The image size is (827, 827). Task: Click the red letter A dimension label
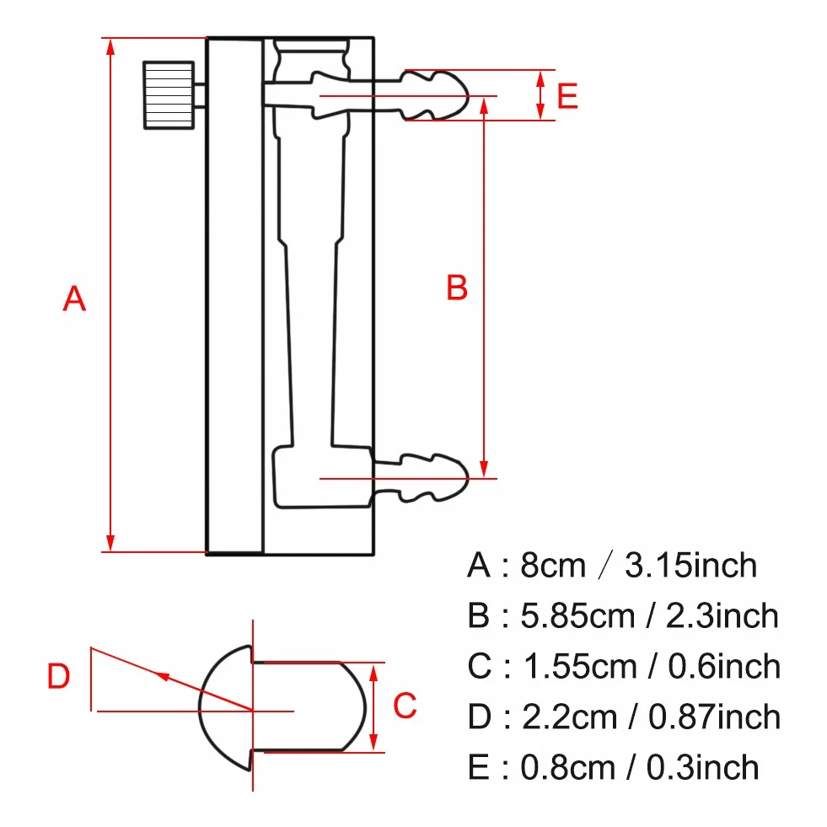[74, 298]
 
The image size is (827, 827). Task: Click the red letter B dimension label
[457, 287]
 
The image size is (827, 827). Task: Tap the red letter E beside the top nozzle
[567, 96]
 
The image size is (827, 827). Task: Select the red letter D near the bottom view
[58, 675]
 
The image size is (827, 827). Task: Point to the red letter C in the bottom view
[405, 705]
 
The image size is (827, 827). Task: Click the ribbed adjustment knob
[169, 95]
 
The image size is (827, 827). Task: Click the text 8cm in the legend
[553, 566]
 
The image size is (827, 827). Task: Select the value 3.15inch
[691, 566]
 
